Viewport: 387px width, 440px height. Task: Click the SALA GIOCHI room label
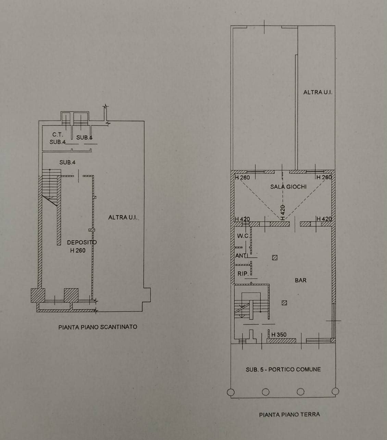(x=288, y=186)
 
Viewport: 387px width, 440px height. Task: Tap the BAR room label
(x=301, y=280)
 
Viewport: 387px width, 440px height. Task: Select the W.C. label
(x=243, y=236)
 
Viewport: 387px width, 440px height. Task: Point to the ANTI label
(x=241, y=256)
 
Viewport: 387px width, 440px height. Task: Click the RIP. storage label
(x=243, y=274)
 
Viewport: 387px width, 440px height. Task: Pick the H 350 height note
(x=279, y=335)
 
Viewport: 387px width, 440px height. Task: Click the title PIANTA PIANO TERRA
(x=289, y=415)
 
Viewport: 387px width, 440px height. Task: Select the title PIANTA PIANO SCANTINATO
(x=98, y=327)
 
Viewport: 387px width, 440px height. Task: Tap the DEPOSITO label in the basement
(x=82, y=242)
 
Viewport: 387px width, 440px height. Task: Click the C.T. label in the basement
(x=58, y=135)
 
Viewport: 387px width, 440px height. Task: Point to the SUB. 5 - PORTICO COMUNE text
(x=283, y=370)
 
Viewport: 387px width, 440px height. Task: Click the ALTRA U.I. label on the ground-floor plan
(x=317, y=92)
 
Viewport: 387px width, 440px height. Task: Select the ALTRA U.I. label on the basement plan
(x=123, y=217)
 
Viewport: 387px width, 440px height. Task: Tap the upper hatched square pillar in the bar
(x=275, y=258)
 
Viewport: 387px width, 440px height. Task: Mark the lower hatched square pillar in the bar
(x=284, y=303)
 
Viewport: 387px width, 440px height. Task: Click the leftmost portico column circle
(x=231, y=392)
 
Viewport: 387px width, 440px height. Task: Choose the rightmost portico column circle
(x=335, y=391)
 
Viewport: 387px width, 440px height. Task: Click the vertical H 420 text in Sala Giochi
(x=283, y=212)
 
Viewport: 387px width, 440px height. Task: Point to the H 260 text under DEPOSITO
(x=78, y=250)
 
